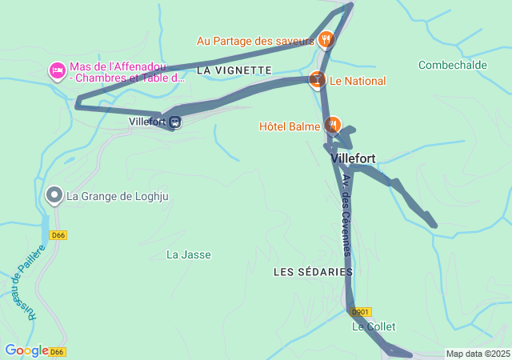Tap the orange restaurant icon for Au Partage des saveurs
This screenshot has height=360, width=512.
(x=326, y=39)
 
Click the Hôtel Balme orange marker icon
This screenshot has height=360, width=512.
(x=332, y=125)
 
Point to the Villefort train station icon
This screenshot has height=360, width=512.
(x=175, y=122)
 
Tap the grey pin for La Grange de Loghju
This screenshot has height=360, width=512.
(x=54, y=195)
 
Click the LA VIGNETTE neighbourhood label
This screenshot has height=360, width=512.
(x=234, y=70)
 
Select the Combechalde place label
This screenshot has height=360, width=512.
(x=452, y=65)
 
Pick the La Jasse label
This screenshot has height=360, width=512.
(x=188, y=254)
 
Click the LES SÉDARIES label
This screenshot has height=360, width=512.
(x=313, y=272)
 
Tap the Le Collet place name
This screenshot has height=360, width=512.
(x=374, y=326)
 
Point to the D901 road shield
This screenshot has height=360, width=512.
(x=362, y=311)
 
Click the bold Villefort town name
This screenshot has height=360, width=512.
(x=353, y=158)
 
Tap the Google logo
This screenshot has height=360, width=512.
(x=26, y=350)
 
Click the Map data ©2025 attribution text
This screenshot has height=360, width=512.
(x=478, y=354)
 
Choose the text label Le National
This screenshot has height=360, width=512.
(x=358, y=81)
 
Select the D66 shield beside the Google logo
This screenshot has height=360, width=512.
(x=58, y=351)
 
